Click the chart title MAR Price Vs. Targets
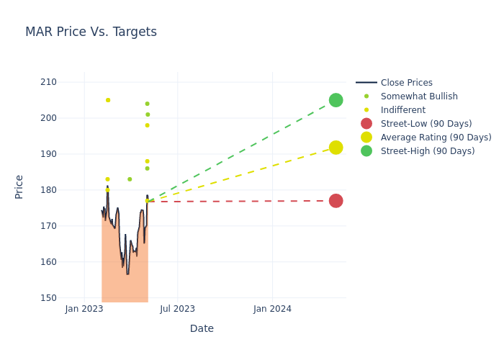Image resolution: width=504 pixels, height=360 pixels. (91, 32)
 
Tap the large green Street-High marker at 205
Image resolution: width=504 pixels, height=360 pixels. (336, 100)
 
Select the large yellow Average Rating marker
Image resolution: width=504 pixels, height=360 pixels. (336, 148)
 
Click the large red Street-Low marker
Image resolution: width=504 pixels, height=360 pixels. (336, 201)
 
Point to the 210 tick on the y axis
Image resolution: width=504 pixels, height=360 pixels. (48, 82)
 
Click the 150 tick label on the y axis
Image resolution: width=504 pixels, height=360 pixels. (48, 298)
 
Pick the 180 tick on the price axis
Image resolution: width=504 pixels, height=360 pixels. (48, 190)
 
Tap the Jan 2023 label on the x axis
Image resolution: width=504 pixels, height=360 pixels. (84, 309)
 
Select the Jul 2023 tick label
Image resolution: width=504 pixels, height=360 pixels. (178, 309)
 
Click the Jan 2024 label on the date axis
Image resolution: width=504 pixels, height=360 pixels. (272, 309)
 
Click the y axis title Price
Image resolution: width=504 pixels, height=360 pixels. (19, 186)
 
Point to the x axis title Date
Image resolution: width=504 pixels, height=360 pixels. (202, 329)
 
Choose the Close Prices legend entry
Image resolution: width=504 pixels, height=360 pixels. (406, 83)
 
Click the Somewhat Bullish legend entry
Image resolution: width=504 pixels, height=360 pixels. (418, 96)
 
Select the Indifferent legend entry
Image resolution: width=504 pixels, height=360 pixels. (402, 110)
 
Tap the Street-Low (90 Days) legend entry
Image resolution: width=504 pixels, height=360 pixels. (426, 124)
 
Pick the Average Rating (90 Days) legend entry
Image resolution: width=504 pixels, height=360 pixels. (436, 138)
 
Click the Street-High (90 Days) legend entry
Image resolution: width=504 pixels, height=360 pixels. (427, 151)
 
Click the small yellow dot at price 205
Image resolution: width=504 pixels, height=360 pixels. (108, 100)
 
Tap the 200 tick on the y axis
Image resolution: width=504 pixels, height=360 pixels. (48, 118)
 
